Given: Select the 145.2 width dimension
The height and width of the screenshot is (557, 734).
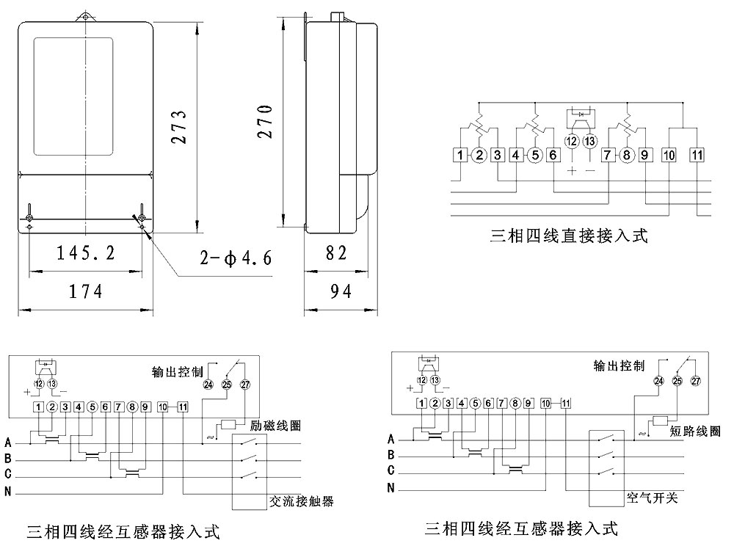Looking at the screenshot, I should point(87,254).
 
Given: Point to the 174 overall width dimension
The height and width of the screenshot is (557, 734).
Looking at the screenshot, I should point(87,291).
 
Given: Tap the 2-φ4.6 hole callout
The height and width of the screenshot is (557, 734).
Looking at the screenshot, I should point(236,258).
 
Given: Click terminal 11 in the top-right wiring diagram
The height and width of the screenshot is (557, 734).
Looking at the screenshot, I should point(697,155).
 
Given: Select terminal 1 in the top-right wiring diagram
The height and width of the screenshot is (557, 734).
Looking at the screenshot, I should point(459,155).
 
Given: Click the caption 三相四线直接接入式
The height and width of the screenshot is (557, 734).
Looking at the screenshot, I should point(570,236).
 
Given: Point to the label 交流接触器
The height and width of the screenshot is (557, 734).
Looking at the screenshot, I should point(302,501).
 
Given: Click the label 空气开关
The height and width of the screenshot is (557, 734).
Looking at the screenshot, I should point(653,498).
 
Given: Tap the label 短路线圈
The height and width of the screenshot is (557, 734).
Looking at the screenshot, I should point(694,431).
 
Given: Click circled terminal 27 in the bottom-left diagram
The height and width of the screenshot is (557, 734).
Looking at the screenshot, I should point(244,385).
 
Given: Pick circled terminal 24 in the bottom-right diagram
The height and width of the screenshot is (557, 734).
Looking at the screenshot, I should point(658,381).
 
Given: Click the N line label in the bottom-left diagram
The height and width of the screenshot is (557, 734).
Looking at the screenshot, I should point(8,492).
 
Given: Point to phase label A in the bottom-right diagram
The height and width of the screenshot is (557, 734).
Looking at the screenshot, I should point(391,440).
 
